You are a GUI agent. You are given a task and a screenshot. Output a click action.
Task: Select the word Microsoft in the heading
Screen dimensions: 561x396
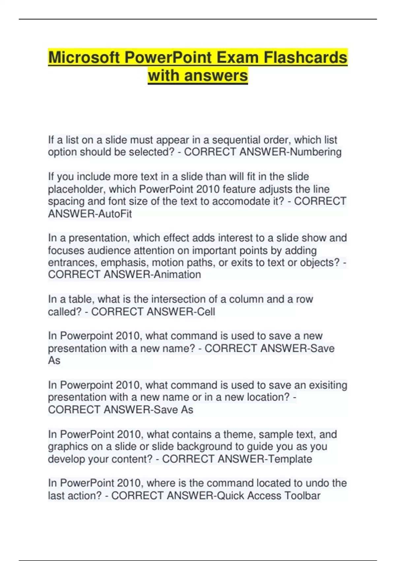[84, 57]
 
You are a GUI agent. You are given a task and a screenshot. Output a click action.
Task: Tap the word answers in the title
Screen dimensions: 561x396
[216, 76]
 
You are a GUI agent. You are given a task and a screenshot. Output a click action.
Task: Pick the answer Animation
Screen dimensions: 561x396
[178, 275]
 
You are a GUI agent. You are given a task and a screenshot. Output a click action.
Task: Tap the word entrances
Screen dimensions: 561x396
[73, 263]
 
